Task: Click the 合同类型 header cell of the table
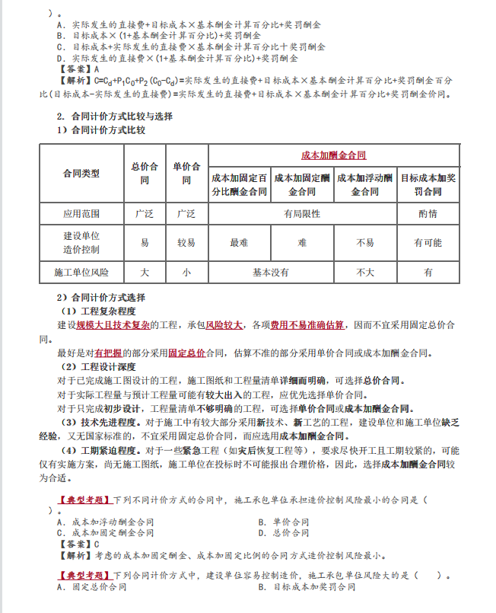(81, 174)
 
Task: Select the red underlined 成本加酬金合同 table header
(334, 155)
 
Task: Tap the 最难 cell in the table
(239, 243)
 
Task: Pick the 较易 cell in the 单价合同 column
(186, 243)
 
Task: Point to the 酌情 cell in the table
(428, 214)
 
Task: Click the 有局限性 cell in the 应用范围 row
(302, 214)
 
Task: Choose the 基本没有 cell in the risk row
(270, 272)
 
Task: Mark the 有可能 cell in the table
(428, 243)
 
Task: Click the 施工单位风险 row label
(81, 272)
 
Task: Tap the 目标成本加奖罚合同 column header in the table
(428, 184)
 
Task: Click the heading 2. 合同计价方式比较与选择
(115, 117)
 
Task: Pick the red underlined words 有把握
(109, 353)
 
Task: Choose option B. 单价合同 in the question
(283, 522)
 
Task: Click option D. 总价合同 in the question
(283, 532)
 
